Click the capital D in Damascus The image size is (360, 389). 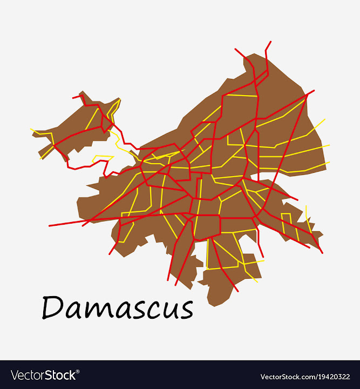coord(53,307)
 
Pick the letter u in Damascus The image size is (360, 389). coord(165,311)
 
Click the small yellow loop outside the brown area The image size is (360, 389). coord(102,159)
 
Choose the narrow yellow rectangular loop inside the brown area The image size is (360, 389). coord(286,224)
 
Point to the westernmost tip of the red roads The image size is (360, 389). coord(49,225)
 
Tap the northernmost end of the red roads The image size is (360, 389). coord(270,42)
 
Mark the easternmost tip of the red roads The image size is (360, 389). coord(322,252)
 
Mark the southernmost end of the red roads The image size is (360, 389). coord(238,292)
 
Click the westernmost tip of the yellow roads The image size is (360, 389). coord(31,129)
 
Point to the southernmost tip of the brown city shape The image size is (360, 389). coord(213,306)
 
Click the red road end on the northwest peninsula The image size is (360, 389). coord(73,98)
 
